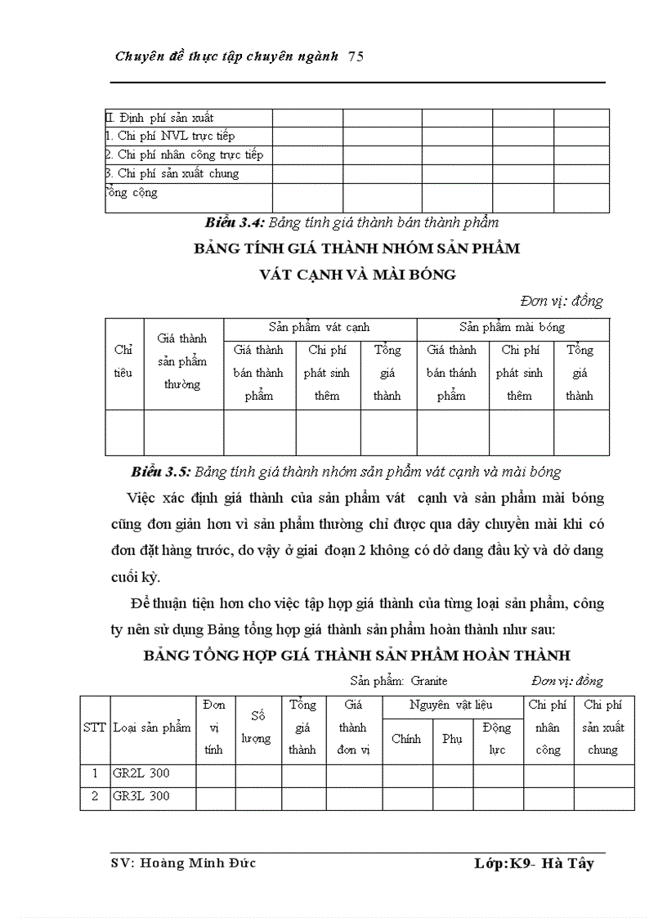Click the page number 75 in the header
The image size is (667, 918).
(356, 56)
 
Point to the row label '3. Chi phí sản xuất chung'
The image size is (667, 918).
(172, 173)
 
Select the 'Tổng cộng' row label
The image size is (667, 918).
(132, 193)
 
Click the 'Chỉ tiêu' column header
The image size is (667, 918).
(123, 361)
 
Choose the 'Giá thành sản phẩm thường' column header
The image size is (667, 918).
(182, 361)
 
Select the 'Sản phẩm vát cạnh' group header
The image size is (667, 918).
(320, 327)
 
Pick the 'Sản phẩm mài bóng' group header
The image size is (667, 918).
(512, 327)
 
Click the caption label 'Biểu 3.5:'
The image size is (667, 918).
(161, 472)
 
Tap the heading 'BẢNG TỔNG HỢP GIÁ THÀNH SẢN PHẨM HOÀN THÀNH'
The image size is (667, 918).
(356, 656)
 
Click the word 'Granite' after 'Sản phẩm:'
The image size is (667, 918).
(429, 681)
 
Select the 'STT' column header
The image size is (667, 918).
(95, 728)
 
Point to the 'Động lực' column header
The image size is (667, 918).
(497, 738)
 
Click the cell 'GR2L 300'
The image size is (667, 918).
(141, 773)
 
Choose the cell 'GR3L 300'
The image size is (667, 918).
(141, 796)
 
